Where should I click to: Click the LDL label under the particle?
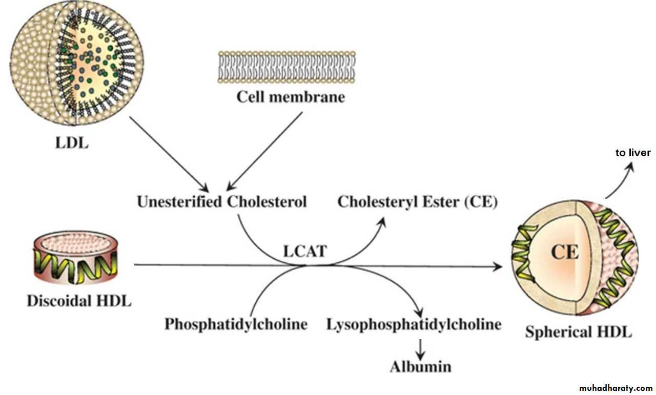pos(71,143)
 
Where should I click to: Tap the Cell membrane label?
pos(291,97)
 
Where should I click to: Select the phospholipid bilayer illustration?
pos(287,67)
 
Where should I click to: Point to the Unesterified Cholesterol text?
pos(221,202)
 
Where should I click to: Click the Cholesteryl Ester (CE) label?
pos(418,202)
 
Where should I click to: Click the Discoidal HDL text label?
pos(79,301)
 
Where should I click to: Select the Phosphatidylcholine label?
pos(236,324)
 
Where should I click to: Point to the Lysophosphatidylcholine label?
pos(414,324)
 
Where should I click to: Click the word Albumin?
pos(421,367)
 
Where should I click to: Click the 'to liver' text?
pos(633,153)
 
